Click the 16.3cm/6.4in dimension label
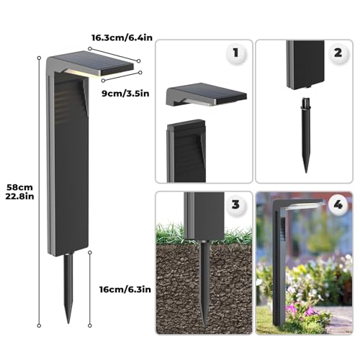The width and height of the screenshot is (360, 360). pos(122,37)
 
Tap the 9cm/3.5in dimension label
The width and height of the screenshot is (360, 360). pos(125,94)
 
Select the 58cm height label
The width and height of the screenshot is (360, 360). pos(19,187)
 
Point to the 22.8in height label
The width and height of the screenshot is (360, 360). pos(19,197)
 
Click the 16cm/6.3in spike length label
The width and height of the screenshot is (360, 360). pos(125,289)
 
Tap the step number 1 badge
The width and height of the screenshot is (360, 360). pos(235,53)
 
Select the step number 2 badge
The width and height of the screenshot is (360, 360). pos(338,53)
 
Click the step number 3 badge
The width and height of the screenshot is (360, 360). pos(235,204)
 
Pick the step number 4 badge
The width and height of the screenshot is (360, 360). pos(338,204)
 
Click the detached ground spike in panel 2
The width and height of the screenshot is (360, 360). pos(305,135)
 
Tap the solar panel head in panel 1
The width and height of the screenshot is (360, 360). pos(207,95)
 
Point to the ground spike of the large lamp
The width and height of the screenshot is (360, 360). pos(68,288)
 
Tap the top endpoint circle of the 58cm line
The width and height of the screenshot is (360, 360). pos(39,58)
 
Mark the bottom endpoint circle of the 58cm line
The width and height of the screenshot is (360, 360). pos(39,325)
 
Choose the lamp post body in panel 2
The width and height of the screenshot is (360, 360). pos(305,65)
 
